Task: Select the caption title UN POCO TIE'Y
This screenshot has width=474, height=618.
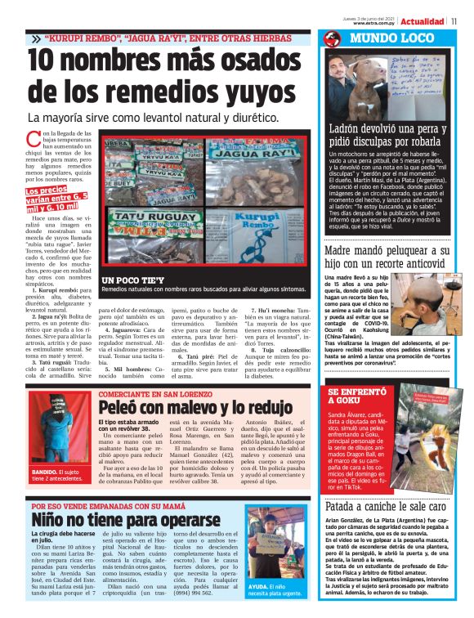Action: coord(130,280)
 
